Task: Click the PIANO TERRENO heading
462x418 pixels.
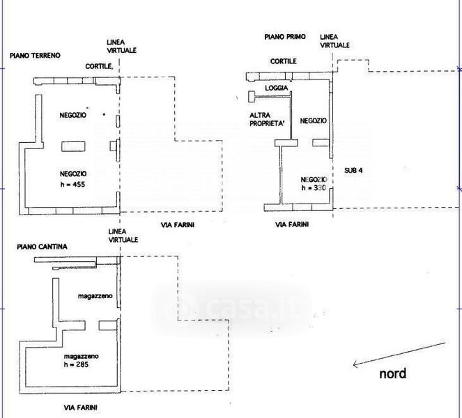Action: pyautogui.click(x=35, y=55)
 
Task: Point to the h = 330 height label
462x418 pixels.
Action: pyautogui.click(x=313, y=187)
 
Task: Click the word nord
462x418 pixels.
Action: pyautogui.click(x=392, y=373)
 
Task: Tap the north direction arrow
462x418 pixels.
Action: pyautogui.click(x=399, y=353)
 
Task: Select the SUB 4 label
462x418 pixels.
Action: pyautogui.click(x=354, y=170)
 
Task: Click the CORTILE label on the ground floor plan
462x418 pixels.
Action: pyautogui.click(x=100, y=66)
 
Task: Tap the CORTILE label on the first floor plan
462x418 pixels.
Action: pyautogui.click(x=284, y=61)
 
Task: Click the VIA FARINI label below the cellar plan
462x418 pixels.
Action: pyautogui.click(x=78, y=405)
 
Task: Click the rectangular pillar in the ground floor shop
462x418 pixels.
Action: pyautogui.click(x=73, y=146)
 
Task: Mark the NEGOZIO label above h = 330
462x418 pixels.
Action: pyautogui.click(x=313, y=121)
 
